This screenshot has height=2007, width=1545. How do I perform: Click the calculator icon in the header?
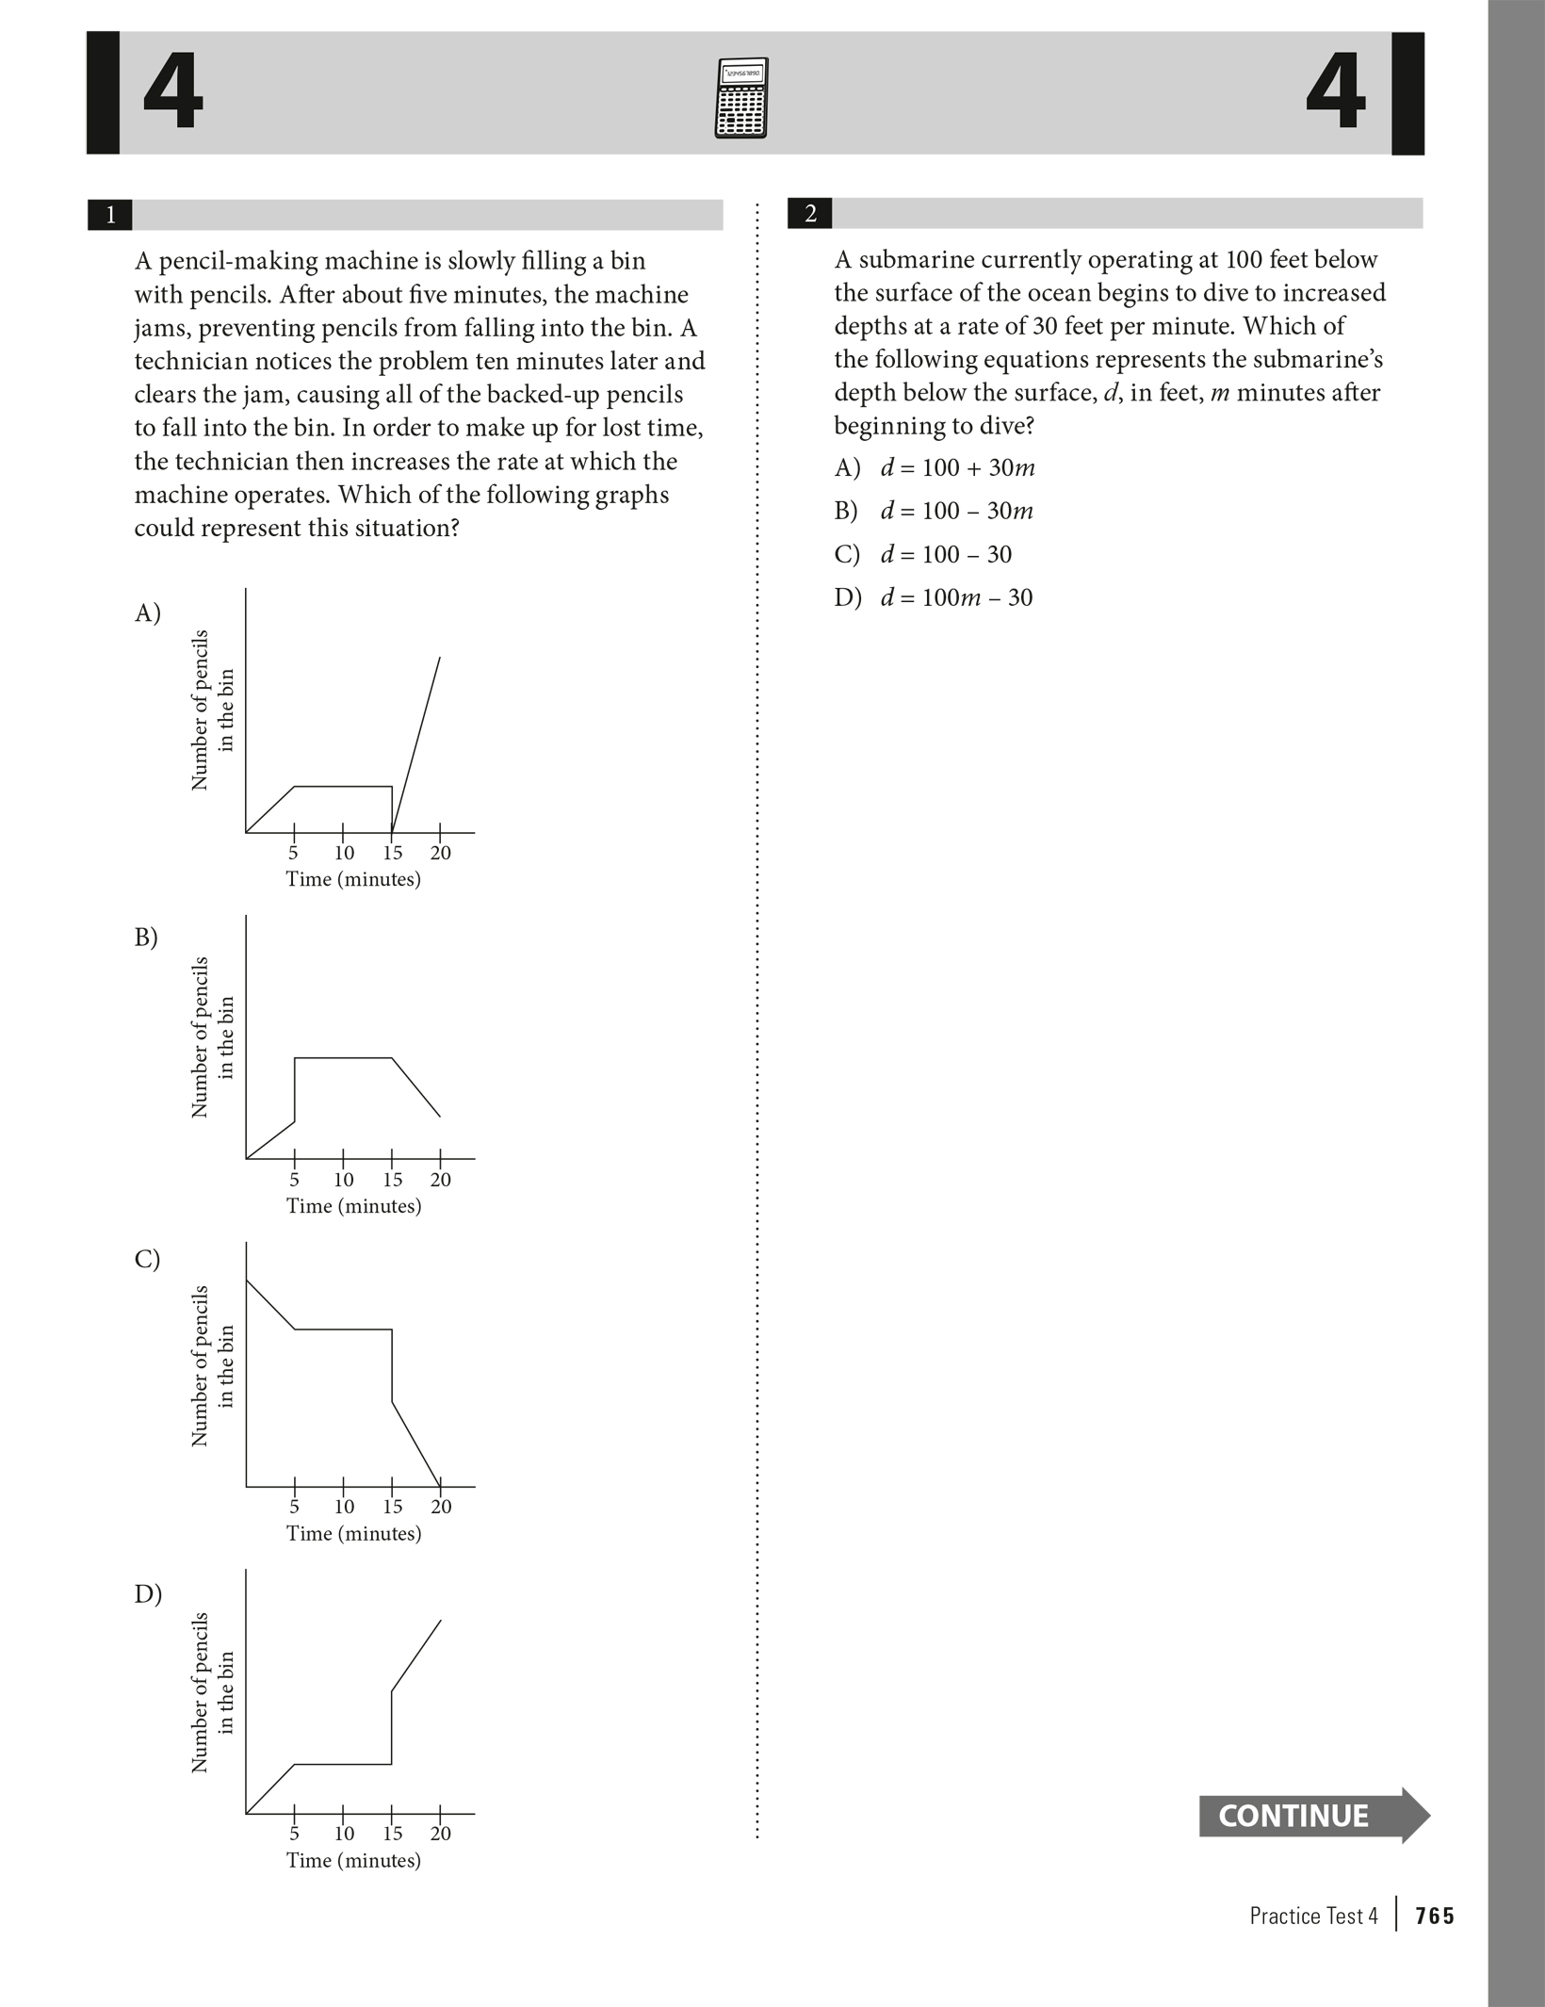741,98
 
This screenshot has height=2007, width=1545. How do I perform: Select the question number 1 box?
110,215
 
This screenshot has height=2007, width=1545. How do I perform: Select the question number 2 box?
810,214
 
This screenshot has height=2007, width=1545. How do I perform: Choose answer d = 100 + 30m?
957,468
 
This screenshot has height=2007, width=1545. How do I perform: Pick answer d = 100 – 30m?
956,512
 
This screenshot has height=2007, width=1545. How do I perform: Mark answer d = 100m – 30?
956,597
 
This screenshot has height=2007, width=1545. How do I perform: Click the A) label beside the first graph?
148,613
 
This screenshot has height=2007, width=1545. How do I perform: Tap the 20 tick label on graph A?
441,854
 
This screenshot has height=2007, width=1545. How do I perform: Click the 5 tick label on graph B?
294,1180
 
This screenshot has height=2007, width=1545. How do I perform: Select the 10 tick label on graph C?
344,1506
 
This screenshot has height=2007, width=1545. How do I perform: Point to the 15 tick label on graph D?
392,1833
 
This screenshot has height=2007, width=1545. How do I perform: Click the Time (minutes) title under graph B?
353,1206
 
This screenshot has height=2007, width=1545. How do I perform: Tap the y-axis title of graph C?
212,1365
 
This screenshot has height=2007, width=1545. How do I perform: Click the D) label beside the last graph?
148,1593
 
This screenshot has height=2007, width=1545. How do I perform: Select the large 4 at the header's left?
172,93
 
